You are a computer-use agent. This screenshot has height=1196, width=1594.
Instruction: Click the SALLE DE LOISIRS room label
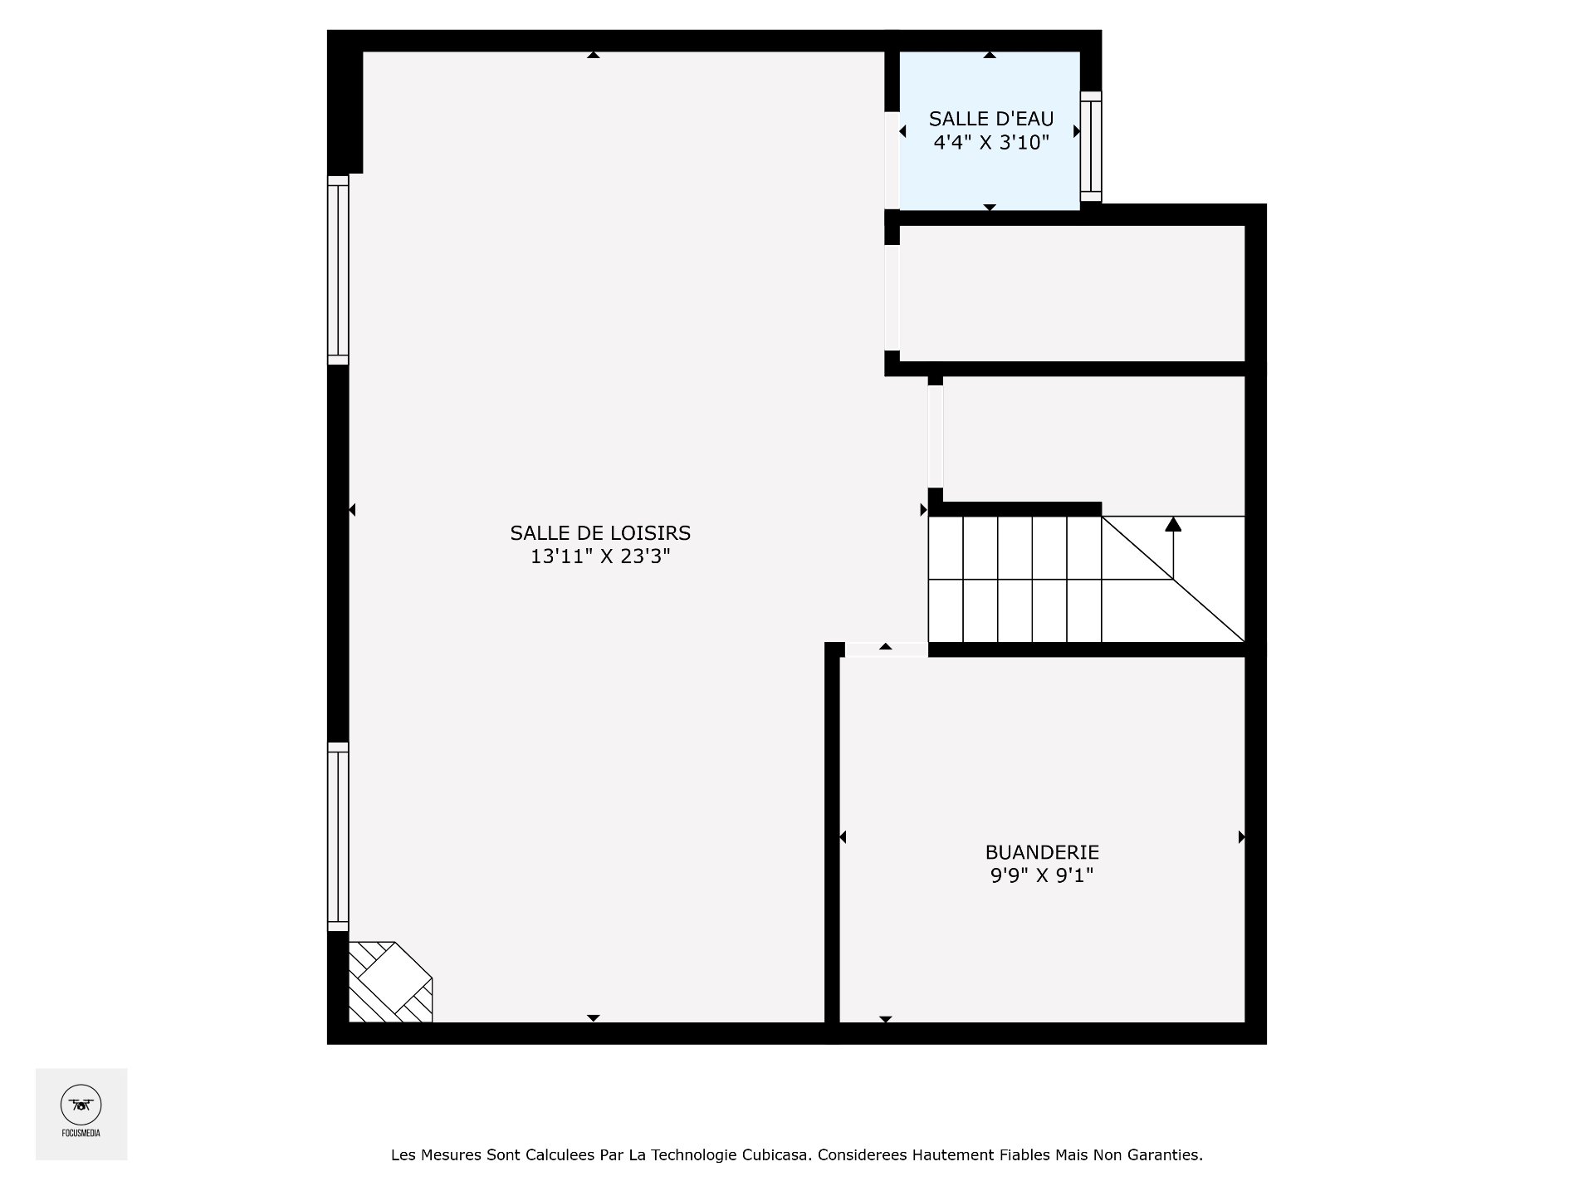(x=600, y=532)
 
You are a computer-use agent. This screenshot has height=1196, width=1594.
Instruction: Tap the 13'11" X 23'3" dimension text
(x=600, y=556)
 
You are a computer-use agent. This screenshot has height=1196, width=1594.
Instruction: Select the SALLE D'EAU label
(x=991, y=119)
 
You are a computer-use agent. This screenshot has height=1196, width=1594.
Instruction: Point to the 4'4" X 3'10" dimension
(x=991, y=142)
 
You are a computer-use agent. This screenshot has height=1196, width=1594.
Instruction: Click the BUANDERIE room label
(x=1042, y=851)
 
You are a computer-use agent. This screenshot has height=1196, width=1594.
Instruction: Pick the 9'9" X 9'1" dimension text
(x=1042, y=875)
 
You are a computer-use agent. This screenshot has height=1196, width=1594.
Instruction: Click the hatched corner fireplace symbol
(x=389, y=982)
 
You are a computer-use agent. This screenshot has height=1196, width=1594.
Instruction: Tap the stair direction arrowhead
(x=1173, y=524)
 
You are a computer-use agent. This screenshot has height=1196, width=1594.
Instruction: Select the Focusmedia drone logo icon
(x=81, y=1105)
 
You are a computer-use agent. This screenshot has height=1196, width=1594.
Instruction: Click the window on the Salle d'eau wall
(x=1091, y=147)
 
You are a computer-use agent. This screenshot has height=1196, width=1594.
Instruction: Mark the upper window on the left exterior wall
(x=338, y=270)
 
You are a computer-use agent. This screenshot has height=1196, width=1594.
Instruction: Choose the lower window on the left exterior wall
(x=338, y=836)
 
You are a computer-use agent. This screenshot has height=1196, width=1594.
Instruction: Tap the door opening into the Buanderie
(x=886, y=649)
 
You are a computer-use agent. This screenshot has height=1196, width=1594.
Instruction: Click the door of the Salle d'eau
(x=892, y=160)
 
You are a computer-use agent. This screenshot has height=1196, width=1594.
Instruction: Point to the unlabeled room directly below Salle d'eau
(x=1071, y=293)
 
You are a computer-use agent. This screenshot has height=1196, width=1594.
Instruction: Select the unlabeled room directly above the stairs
(x=1093, y=440)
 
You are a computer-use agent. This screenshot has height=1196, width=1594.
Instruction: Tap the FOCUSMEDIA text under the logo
(x=81, y=1132)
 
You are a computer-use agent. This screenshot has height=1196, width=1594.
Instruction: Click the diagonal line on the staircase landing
(x=1173, y=579)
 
